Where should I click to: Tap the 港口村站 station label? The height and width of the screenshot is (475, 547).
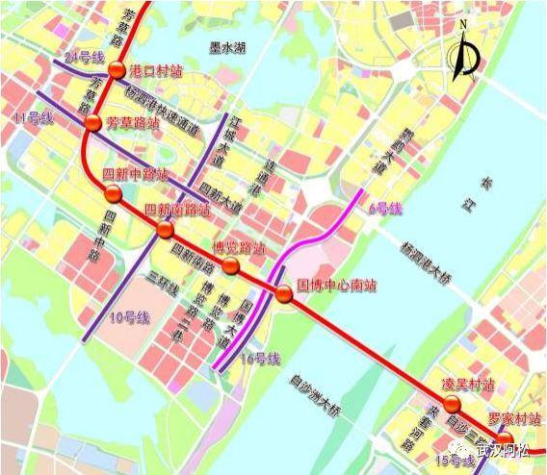[155, 70]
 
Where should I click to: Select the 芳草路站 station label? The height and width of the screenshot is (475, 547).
[133, 122]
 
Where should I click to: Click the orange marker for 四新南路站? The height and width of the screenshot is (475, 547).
[165, 231]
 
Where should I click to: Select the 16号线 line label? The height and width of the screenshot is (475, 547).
[260, 359]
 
